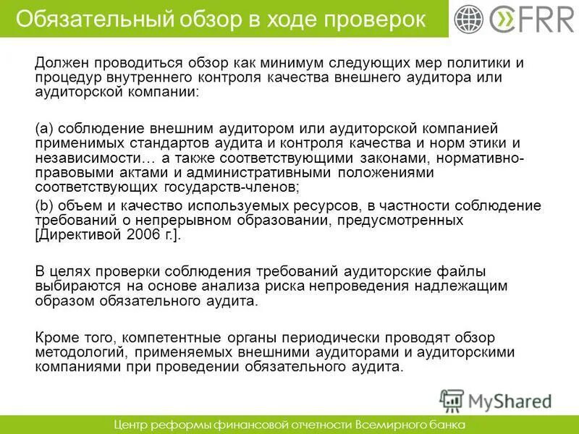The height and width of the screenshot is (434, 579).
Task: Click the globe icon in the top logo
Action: pos(469,20)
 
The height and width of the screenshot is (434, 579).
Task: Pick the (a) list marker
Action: pos(43,128)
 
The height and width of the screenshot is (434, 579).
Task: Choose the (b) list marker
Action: pos(43,205)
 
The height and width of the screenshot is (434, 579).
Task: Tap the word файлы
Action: pos(462,271)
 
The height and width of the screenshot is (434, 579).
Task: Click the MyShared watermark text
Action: pos(510,400)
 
